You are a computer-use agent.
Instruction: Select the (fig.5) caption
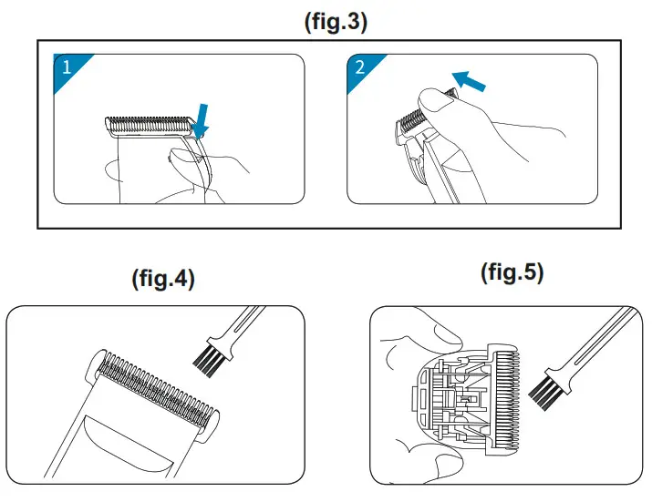coord(512,272)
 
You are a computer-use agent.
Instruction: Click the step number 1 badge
coord(67,67)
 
